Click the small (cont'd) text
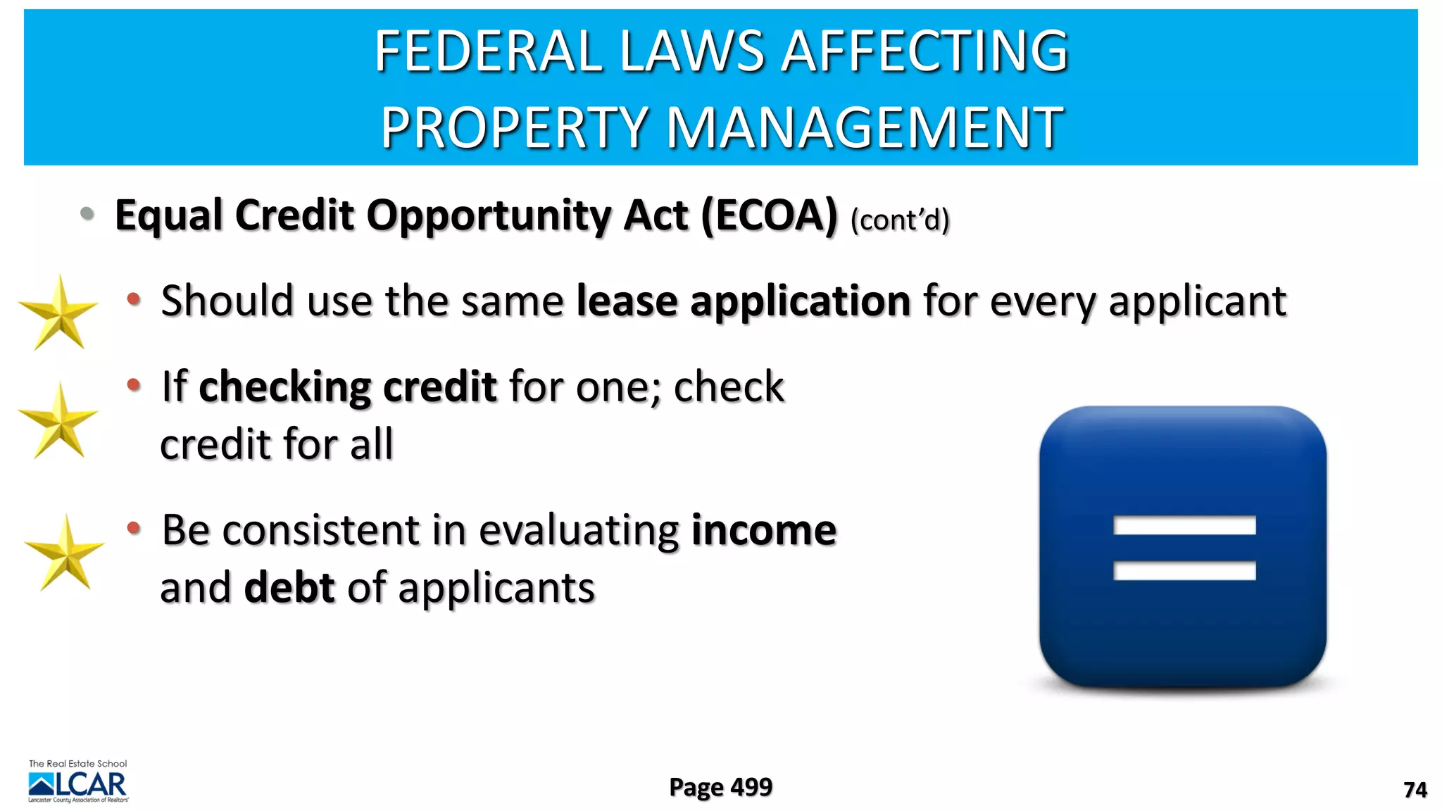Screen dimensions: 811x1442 900,220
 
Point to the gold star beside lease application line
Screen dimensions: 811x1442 58,313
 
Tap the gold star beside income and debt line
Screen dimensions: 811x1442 65,553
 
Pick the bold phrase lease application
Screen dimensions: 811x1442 744,301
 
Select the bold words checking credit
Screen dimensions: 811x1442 348,386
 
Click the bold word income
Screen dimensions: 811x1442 764,529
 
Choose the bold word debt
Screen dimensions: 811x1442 289,587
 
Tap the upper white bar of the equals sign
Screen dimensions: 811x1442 1184,525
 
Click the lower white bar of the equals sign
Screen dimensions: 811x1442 1184,570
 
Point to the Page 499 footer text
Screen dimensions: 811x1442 720,787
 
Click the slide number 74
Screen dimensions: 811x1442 1415,790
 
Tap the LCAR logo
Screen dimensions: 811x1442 78,783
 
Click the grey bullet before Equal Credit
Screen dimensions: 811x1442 87,213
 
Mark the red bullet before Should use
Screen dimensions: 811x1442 134,300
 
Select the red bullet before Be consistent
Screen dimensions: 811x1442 134,528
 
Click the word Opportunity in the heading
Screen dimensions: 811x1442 489,215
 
